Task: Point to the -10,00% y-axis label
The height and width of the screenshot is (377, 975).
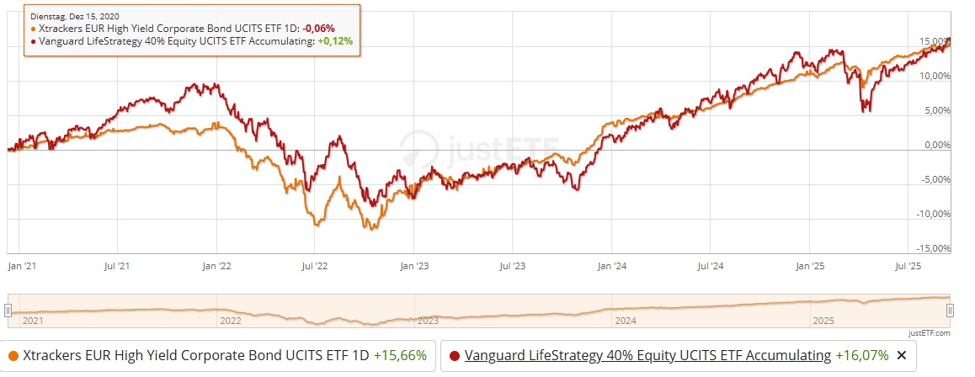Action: tap(934, 214)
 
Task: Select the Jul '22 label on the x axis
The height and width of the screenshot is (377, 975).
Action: tap(315, 265)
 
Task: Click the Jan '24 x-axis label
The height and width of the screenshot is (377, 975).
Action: tap(611, 265)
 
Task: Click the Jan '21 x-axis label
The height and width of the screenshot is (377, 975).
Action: tap(19, 265)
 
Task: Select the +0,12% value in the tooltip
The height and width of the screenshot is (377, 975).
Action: tap(334, 40)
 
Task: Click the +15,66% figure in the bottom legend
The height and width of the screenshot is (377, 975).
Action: tap(400, 355)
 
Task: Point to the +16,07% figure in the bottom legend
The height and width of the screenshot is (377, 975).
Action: tap(862, 355)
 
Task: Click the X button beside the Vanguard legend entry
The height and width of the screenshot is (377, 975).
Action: tap(902, 355)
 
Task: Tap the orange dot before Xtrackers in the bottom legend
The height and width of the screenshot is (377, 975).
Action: tap(13, 355)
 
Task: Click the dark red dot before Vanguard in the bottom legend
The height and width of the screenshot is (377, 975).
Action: tap(455, 355)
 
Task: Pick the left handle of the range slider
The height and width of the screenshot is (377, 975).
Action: tap(8, 311)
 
